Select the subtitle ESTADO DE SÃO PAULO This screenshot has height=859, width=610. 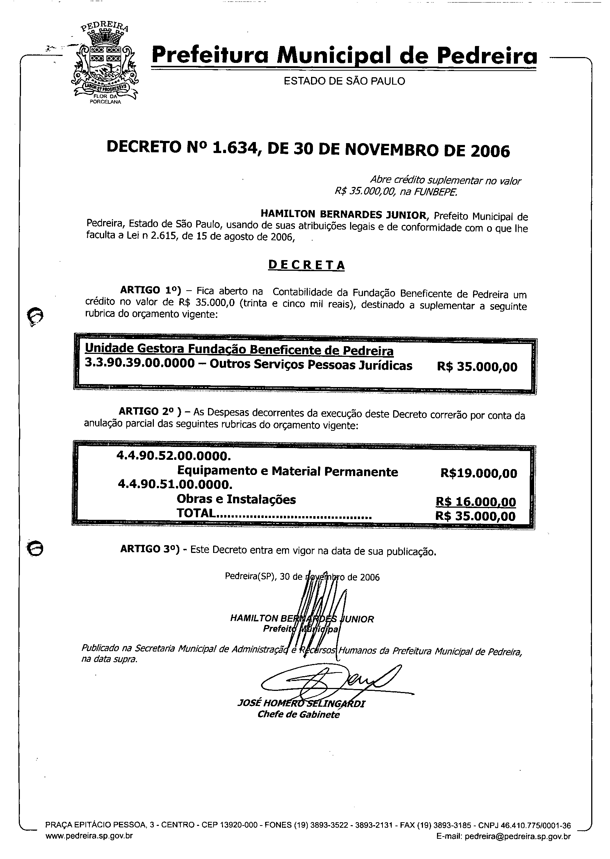click(x=344, y=81)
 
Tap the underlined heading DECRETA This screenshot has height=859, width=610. click(x=306, y=265)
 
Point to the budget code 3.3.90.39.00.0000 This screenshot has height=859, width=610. click(x=140, y=364)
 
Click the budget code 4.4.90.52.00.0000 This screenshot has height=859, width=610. click(x=173, y=456)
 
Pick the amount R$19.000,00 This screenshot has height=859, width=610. click(x=479, y=473)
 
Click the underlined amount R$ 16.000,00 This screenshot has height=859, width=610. click(x=476, y=501)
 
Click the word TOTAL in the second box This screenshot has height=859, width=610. click(x=197, y=513)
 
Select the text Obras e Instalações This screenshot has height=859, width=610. click(x=236, y=500)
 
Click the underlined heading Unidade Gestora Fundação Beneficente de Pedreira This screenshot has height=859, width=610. click(x=239, y=349)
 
